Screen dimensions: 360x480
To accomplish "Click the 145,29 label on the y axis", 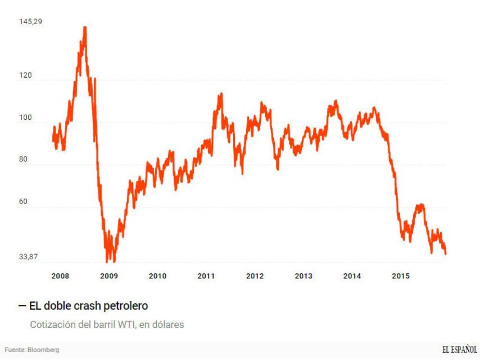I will (31, 21).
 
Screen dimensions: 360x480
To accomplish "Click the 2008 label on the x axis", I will (60, 276).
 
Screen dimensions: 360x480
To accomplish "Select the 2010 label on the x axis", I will (157, 276).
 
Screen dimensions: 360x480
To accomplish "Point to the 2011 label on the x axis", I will (206, 276).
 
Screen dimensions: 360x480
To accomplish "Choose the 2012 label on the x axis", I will (255, 276).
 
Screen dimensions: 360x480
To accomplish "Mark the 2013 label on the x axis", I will (304, 276).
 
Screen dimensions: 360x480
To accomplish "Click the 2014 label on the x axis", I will (352, 276).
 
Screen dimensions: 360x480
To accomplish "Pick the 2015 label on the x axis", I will (401, 276).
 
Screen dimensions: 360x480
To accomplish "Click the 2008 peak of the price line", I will (85, 27).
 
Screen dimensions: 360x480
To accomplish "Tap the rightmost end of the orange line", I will (446, 254).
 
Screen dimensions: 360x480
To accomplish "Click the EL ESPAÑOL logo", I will (460, 349).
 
